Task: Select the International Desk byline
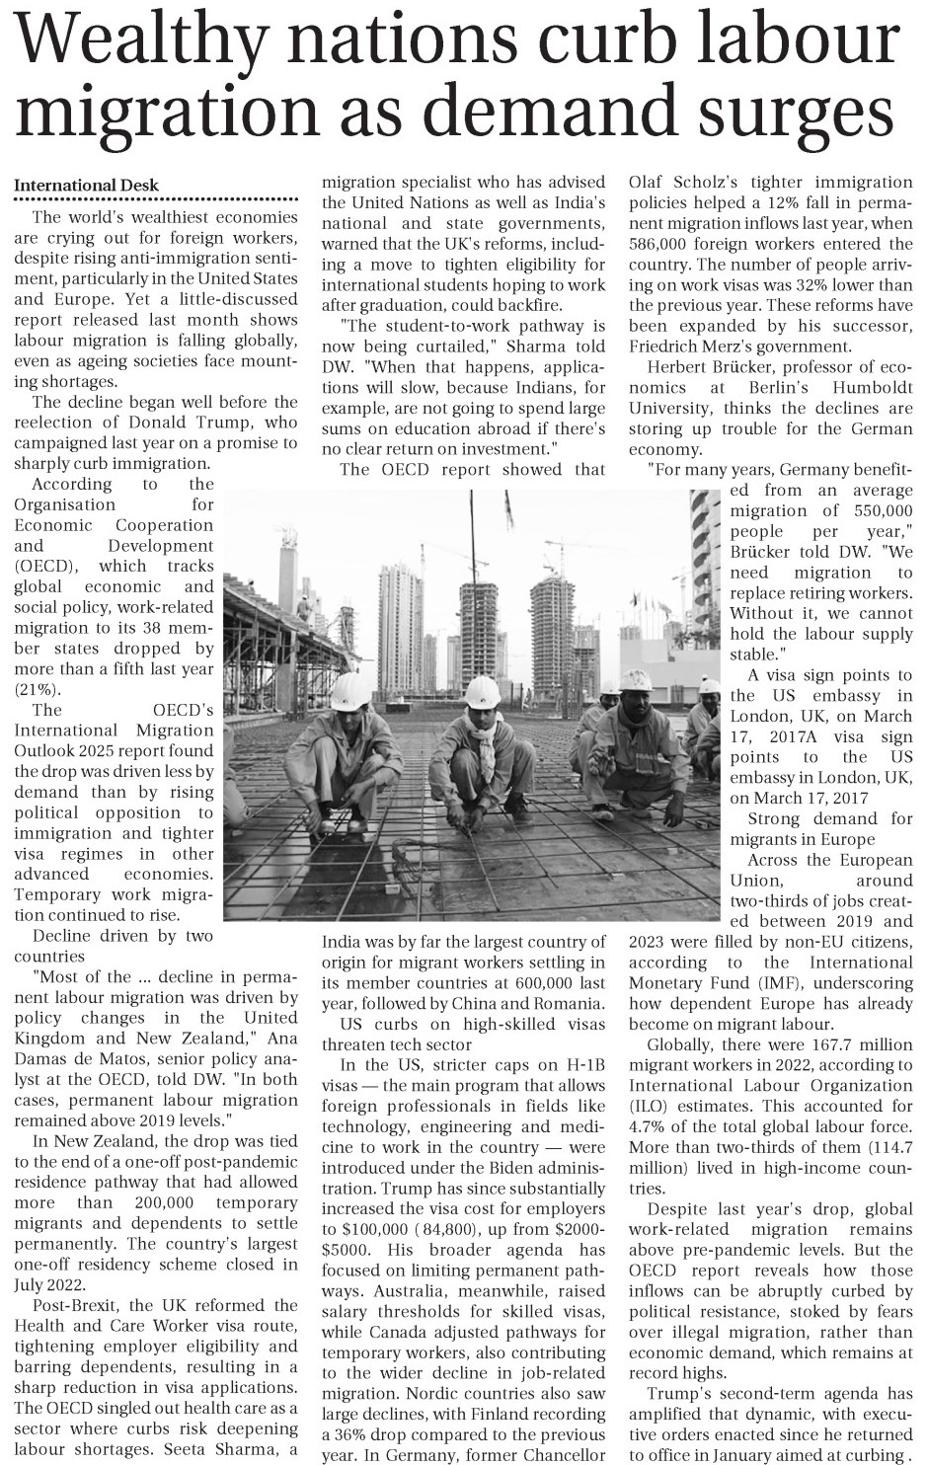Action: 86,186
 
